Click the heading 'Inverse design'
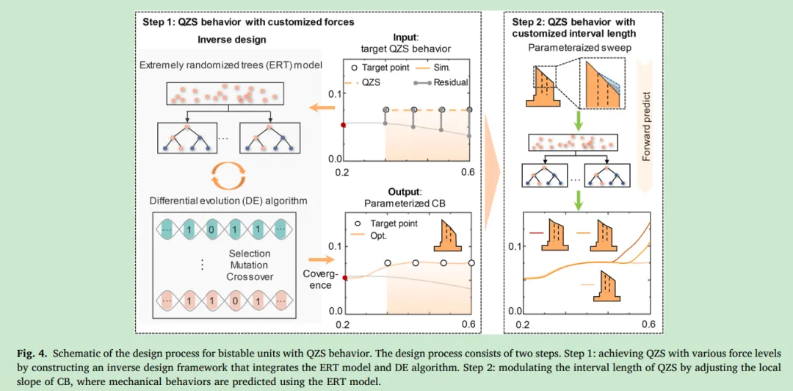(232, 39)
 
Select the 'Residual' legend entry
(450, 82)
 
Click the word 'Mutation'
(249, 265)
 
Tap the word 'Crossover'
(249, 277)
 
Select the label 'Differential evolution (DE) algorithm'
(228, 200)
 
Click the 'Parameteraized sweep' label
(575, 48)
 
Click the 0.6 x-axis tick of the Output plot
(468, 324)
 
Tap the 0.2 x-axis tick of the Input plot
(342, 173)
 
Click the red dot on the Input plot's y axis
(343, 125)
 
